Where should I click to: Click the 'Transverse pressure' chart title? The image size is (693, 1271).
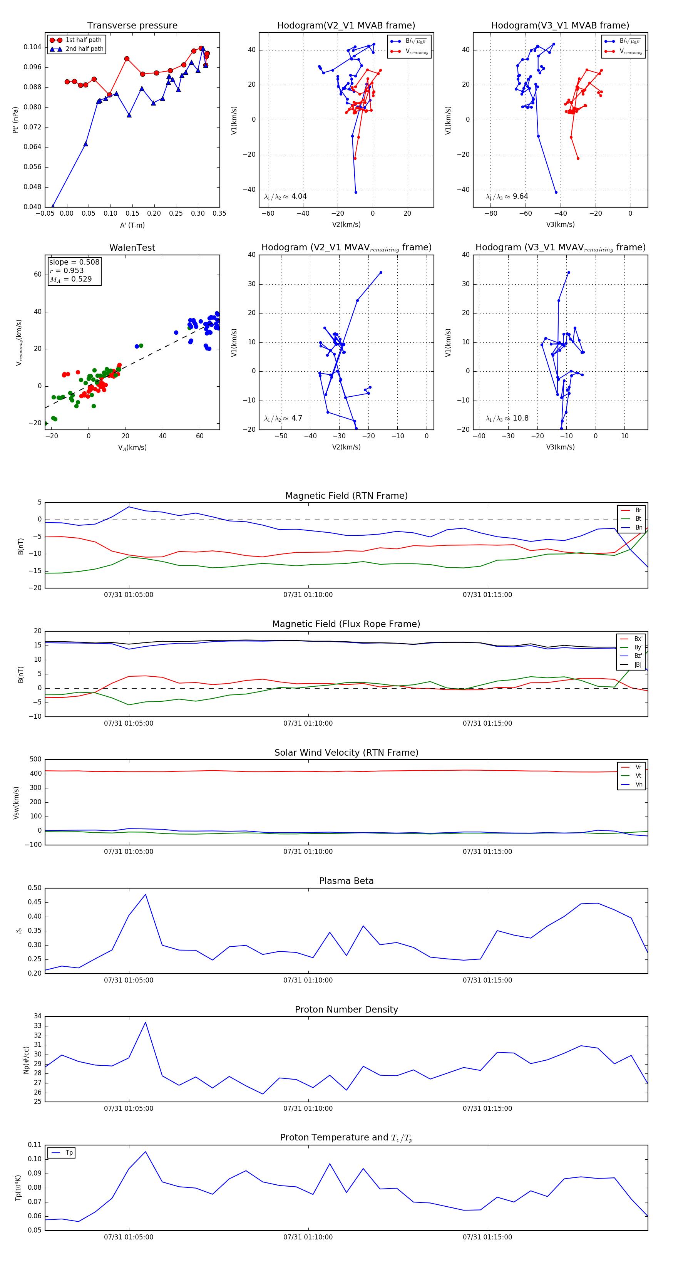coord(132,26)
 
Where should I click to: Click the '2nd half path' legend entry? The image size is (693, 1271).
coord(84,49)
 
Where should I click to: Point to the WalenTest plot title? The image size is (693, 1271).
coord(132,248)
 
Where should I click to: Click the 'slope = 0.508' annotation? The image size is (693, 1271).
coord(74,262)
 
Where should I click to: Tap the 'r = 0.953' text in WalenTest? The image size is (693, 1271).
coord(67,270)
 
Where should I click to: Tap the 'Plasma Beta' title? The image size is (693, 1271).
coord(346,881)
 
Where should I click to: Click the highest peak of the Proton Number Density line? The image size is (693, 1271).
coord(145,1022)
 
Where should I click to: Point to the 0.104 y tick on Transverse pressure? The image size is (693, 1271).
coord(33,47)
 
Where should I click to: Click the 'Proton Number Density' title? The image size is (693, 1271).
coord(346,1009)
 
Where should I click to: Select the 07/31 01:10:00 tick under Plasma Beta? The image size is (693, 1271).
coord(308,980)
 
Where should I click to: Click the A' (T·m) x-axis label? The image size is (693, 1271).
coord(132,225)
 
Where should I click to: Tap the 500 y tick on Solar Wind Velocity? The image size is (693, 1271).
coord(35,760)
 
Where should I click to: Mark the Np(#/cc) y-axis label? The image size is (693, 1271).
coord(26,1060)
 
